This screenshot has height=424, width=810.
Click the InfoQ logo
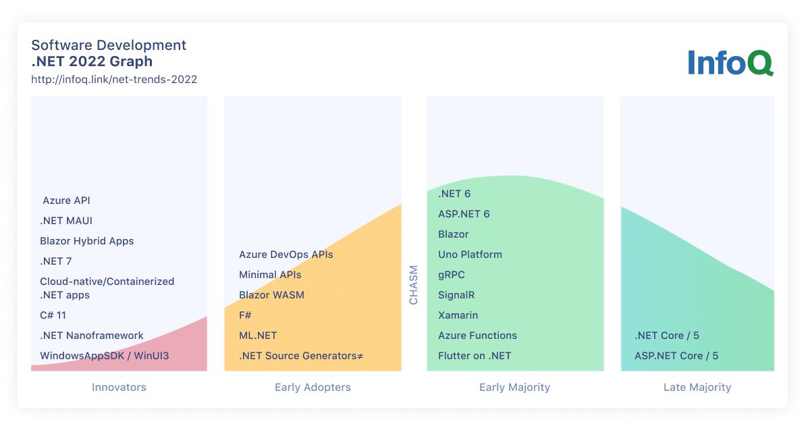(x=730, y=63)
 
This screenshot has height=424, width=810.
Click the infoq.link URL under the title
(x=114, y=79)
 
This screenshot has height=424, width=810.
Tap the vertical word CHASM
(x=413, y=285)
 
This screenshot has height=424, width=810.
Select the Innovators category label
(x=119, y=387)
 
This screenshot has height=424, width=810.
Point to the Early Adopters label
(x=313, y=387)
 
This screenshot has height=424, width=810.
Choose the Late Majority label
(x=697, y=387)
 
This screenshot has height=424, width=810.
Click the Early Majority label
(x=514, y=387)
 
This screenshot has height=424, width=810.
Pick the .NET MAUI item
(x=66, y=221)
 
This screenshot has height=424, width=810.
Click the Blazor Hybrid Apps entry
(x=87, y=241)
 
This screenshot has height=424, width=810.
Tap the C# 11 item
(x=53, y=315)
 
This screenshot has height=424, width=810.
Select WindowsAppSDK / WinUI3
(x=104, y=356)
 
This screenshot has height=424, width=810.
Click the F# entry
(x=245, y=315)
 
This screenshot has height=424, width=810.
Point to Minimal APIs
(x=270, y=275)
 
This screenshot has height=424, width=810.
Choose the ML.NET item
(x=258, y=336)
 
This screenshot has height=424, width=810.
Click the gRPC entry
(x=452, y=275)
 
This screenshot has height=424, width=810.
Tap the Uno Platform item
(x=470, y=255)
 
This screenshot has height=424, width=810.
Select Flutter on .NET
(x=475, y=356)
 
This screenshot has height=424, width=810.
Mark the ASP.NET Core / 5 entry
(x=676, y=356)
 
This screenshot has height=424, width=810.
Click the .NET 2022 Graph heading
(x=92, y=61)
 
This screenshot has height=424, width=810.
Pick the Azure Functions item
(x=477, y=336)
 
